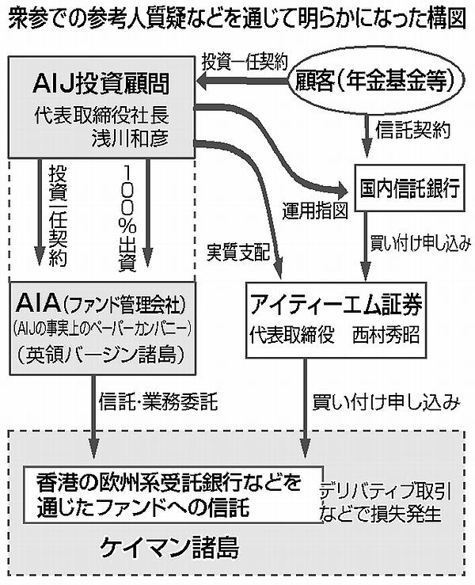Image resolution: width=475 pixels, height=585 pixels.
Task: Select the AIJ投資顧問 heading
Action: pyautogui.click(x=101, y=82)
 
